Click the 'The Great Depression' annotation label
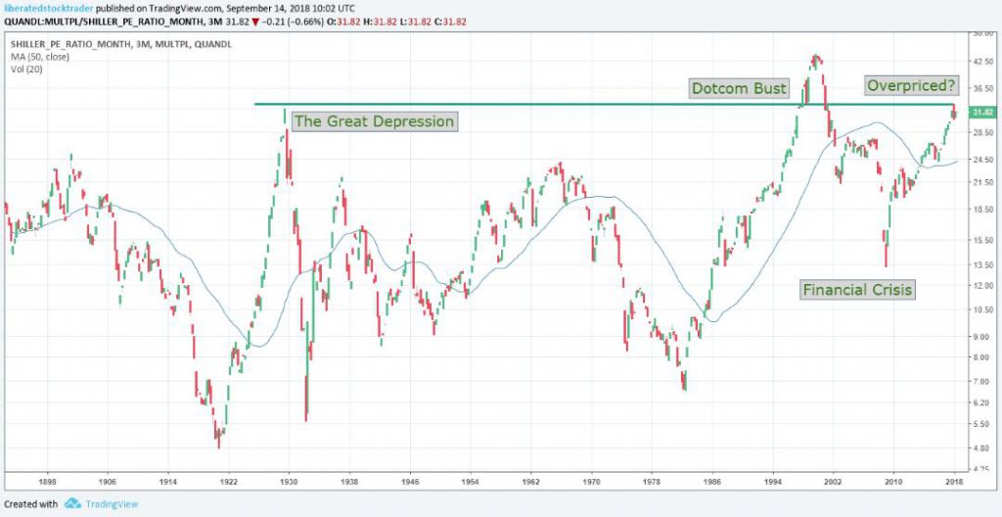click(374, 121)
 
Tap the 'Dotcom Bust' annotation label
click(739, 88)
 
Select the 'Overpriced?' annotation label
click(910, 85)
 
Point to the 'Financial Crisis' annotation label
click(857, 289)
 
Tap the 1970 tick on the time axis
click(591, 482)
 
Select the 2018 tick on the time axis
click(953, 482)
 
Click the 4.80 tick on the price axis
click(981, 448)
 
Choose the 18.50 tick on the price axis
click(982, 211)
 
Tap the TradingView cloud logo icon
click(72, 503)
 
